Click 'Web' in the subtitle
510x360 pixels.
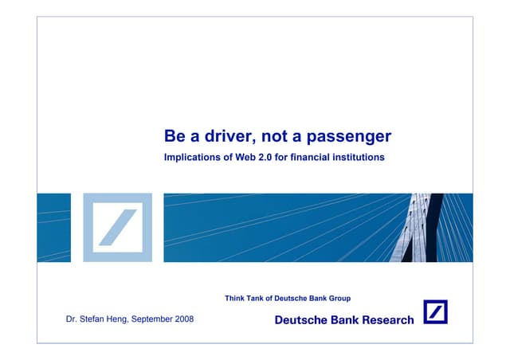(245, 158)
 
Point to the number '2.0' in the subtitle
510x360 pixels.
(269, 158)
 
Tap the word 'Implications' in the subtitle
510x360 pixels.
(193, 158)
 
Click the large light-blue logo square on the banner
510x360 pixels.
(117, 227)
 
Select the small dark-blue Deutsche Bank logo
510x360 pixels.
(435, 312)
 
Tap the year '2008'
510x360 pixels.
(184, 319)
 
